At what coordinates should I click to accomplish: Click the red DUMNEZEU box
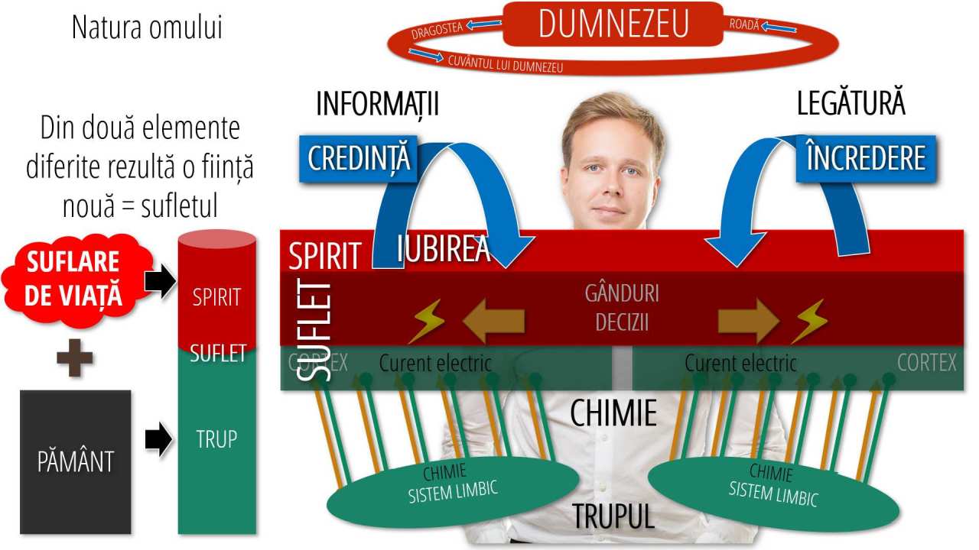[613, 24]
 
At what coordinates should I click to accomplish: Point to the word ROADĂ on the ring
[744, 24]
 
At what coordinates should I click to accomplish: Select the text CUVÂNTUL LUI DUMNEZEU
[506, 63]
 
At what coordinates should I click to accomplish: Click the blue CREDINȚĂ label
[359, 159]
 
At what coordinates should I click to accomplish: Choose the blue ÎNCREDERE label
[865, 158]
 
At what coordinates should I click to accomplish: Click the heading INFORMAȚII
[377, 105]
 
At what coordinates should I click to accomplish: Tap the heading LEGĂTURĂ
[851, 104]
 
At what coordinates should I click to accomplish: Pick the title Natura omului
[147, 27]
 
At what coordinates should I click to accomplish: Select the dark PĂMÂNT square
[75, 461]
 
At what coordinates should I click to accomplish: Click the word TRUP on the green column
[216, 439]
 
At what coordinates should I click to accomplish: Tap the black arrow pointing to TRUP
[158, 441]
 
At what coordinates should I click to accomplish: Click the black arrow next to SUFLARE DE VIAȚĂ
[159, 282]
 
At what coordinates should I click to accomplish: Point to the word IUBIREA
[444, 249]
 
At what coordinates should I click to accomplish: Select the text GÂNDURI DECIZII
[622, 308]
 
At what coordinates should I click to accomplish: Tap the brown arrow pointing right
[748, 321]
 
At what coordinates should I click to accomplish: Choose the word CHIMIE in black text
[613, 413]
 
